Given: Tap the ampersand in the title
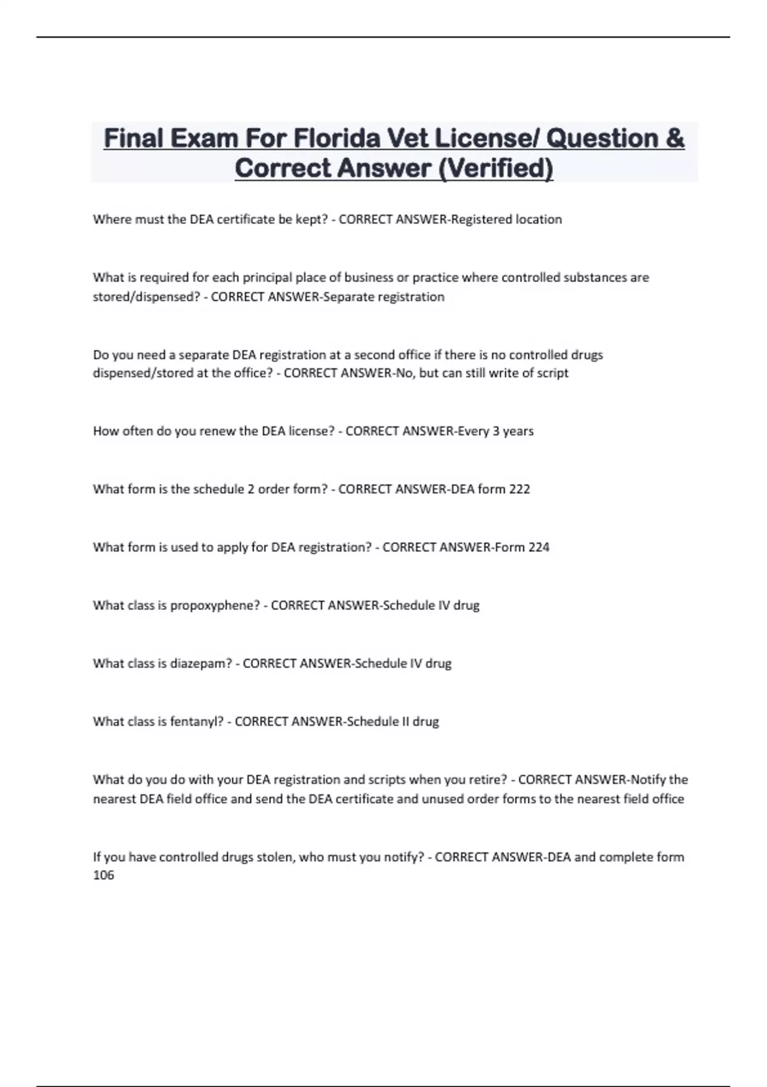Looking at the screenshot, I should click(674, 138).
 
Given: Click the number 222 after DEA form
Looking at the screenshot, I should click(520, 489).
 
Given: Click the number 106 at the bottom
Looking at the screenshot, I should click(104, 875).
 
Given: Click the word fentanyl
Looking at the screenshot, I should click(197, 722).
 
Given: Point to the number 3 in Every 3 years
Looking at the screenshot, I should click(495, 431).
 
